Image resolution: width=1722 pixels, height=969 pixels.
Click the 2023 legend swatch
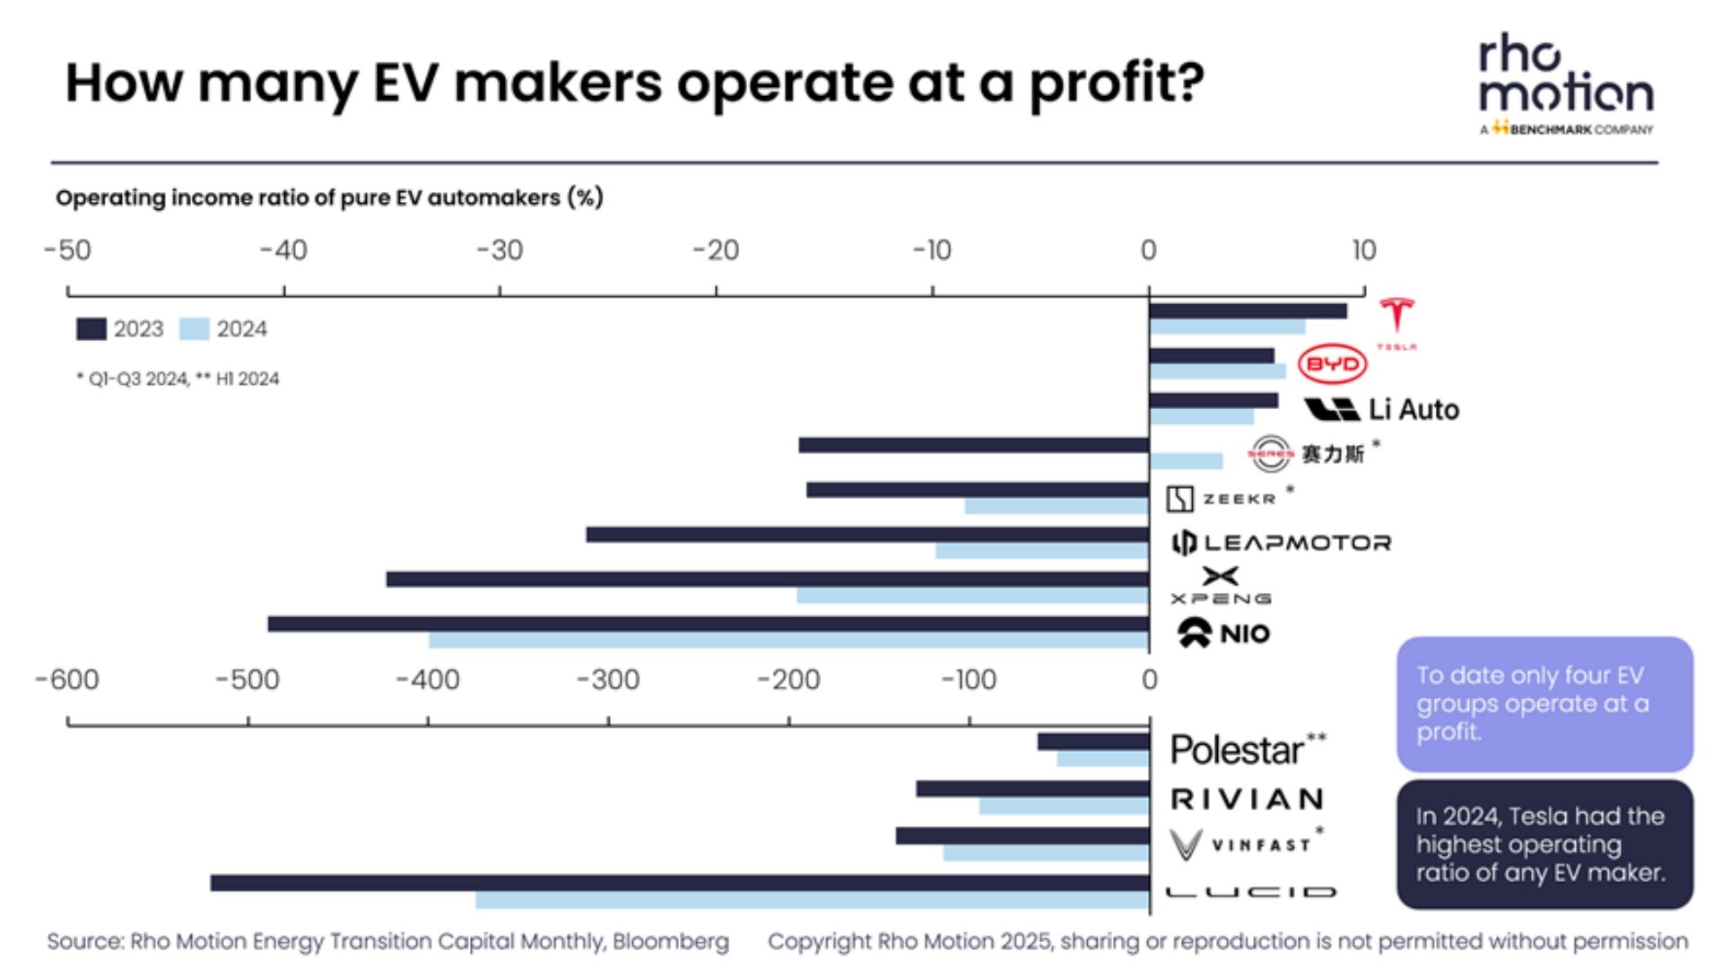tap(91, 329)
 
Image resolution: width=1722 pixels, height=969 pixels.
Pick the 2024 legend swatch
tap(194, 329)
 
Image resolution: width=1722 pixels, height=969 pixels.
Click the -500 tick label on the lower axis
tap(248, 680)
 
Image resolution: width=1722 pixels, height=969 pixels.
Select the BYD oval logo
tap(1332, 364)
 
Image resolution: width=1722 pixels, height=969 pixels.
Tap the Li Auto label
tap(1413, 410)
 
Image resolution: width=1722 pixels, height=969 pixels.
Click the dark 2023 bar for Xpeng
tap(767, 580)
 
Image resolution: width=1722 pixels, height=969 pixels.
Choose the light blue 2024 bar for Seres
tap(1186, 461)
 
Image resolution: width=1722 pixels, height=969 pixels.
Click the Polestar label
tap(1237, 750)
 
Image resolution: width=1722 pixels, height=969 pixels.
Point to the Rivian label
tap(1248, 799)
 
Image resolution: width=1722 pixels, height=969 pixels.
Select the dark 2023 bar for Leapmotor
tap(866, 535)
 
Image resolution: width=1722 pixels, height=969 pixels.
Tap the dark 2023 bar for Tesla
tap(1247, 311)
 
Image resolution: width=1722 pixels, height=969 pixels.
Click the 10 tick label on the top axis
tap(1363, 250)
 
